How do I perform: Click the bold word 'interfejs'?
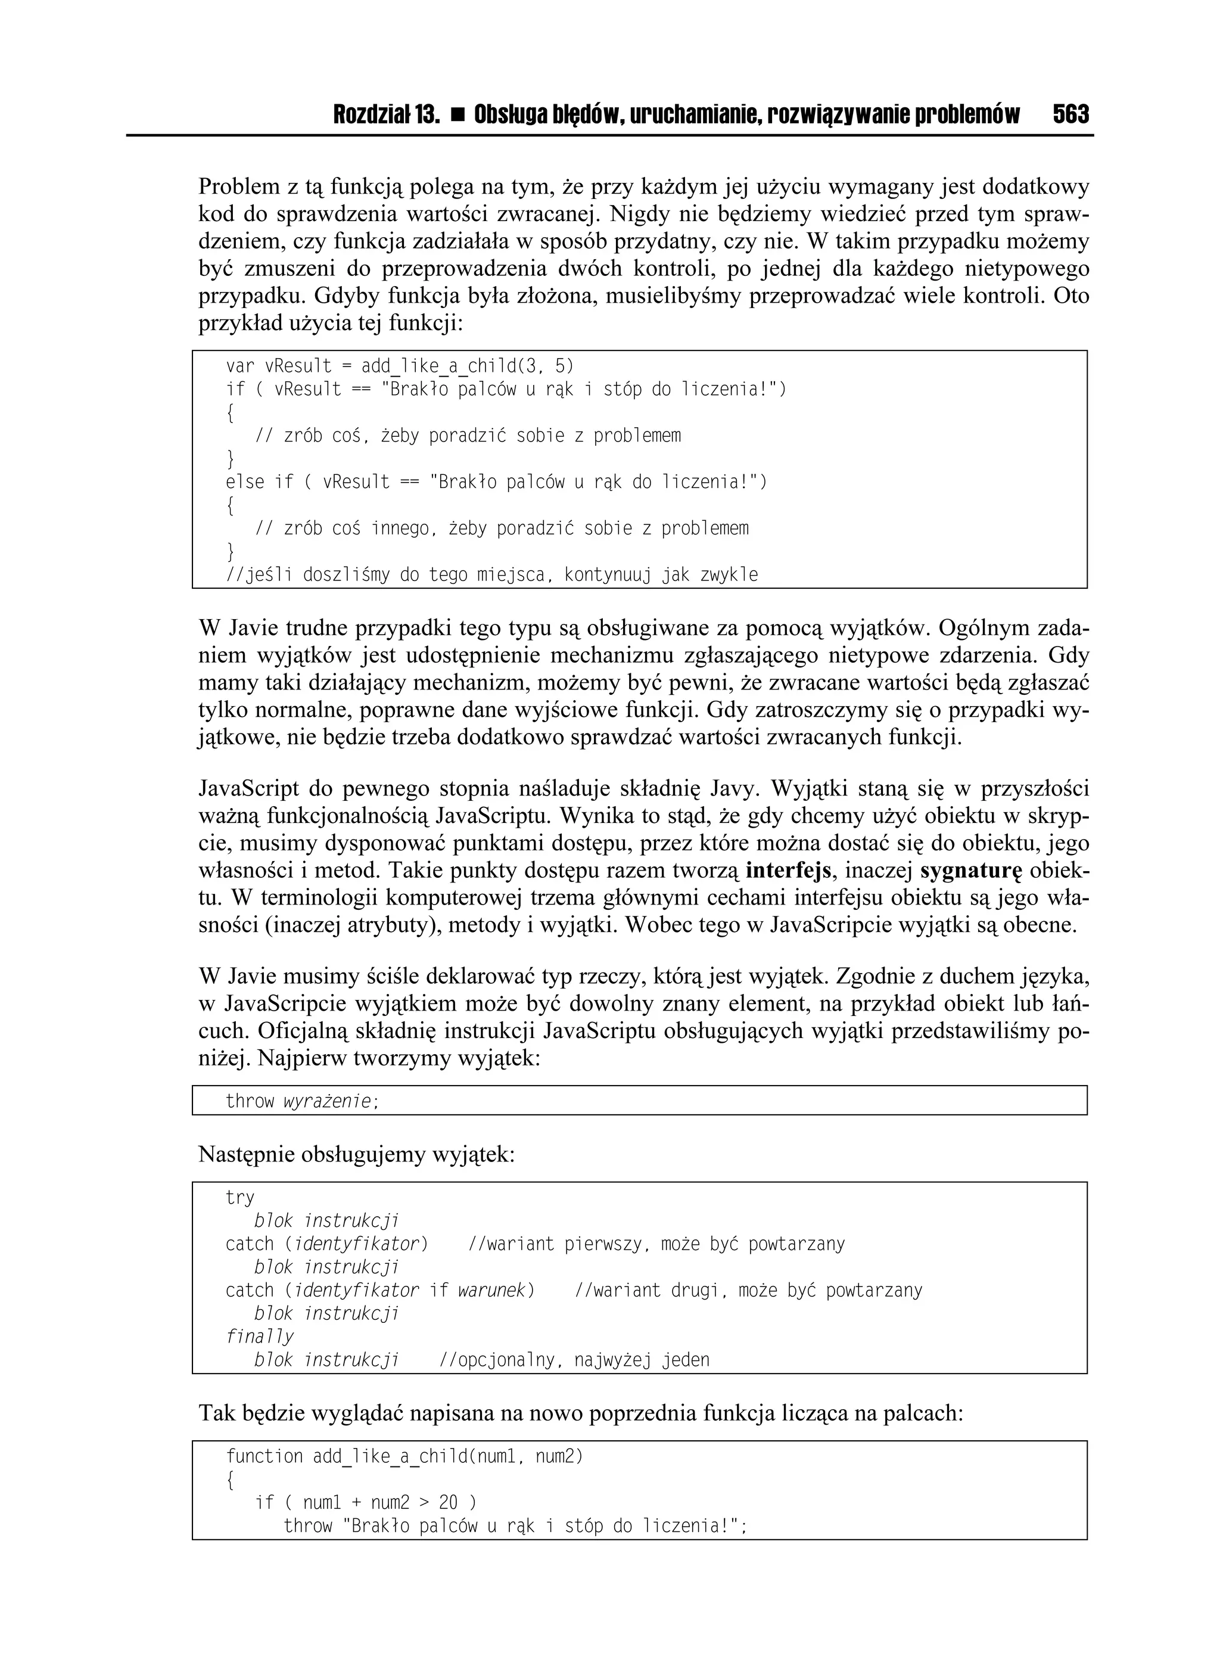tap(789, 871)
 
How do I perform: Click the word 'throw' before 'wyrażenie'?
tap(250, 1101)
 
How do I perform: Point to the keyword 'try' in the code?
tap(239, 1198)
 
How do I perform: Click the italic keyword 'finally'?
tap(259, 1336)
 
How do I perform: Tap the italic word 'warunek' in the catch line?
tap(491, 1290)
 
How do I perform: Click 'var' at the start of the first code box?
tap(239, 366)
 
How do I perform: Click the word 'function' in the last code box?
tap(263, 1457)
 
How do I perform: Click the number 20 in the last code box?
tap(449, 1503)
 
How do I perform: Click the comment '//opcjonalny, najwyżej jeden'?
tap(574, 1360)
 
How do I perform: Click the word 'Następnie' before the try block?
tap(245, 1154)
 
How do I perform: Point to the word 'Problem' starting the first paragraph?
tap(233, 187)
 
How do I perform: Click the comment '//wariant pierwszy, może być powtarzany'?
tap(656, 1244)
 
